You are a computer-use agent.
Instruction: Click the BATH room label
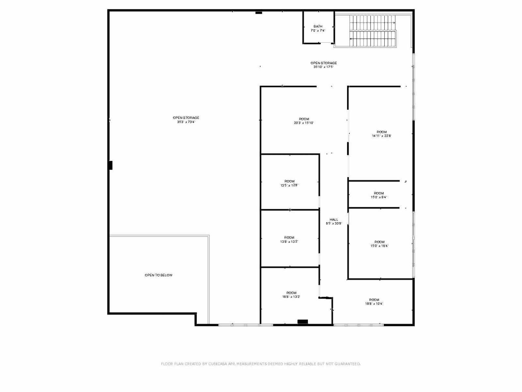[x=318, y=26]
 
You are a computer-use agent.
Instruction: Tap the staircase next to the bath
[x=372, y=31]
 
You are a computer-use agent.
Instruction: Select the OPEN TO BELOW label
[x=159, y=275]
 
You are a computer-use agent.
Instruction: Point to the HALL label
[x=334, y=220]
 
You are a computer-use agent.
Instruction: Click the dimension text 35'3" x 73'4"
[x=186, y=122]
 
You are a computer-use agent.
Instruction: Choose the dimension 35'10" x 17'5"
[x=323, y=67]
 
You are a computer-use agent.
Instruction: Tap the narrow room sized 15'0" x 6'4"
[x=379, y=195]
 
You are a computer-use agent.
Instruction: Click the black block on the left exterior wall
[x=110, y=165]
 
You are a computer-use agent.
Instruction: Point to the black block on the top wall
[x=259, y=12]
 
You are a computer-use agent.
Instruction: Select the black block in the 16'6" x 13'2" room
[x=302, y=322]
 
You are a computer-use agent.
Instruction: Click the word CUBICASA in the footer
[x=218, y=364]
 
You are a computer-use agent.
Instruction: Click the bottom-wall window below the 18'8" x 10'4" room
[x=359, y=325]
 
